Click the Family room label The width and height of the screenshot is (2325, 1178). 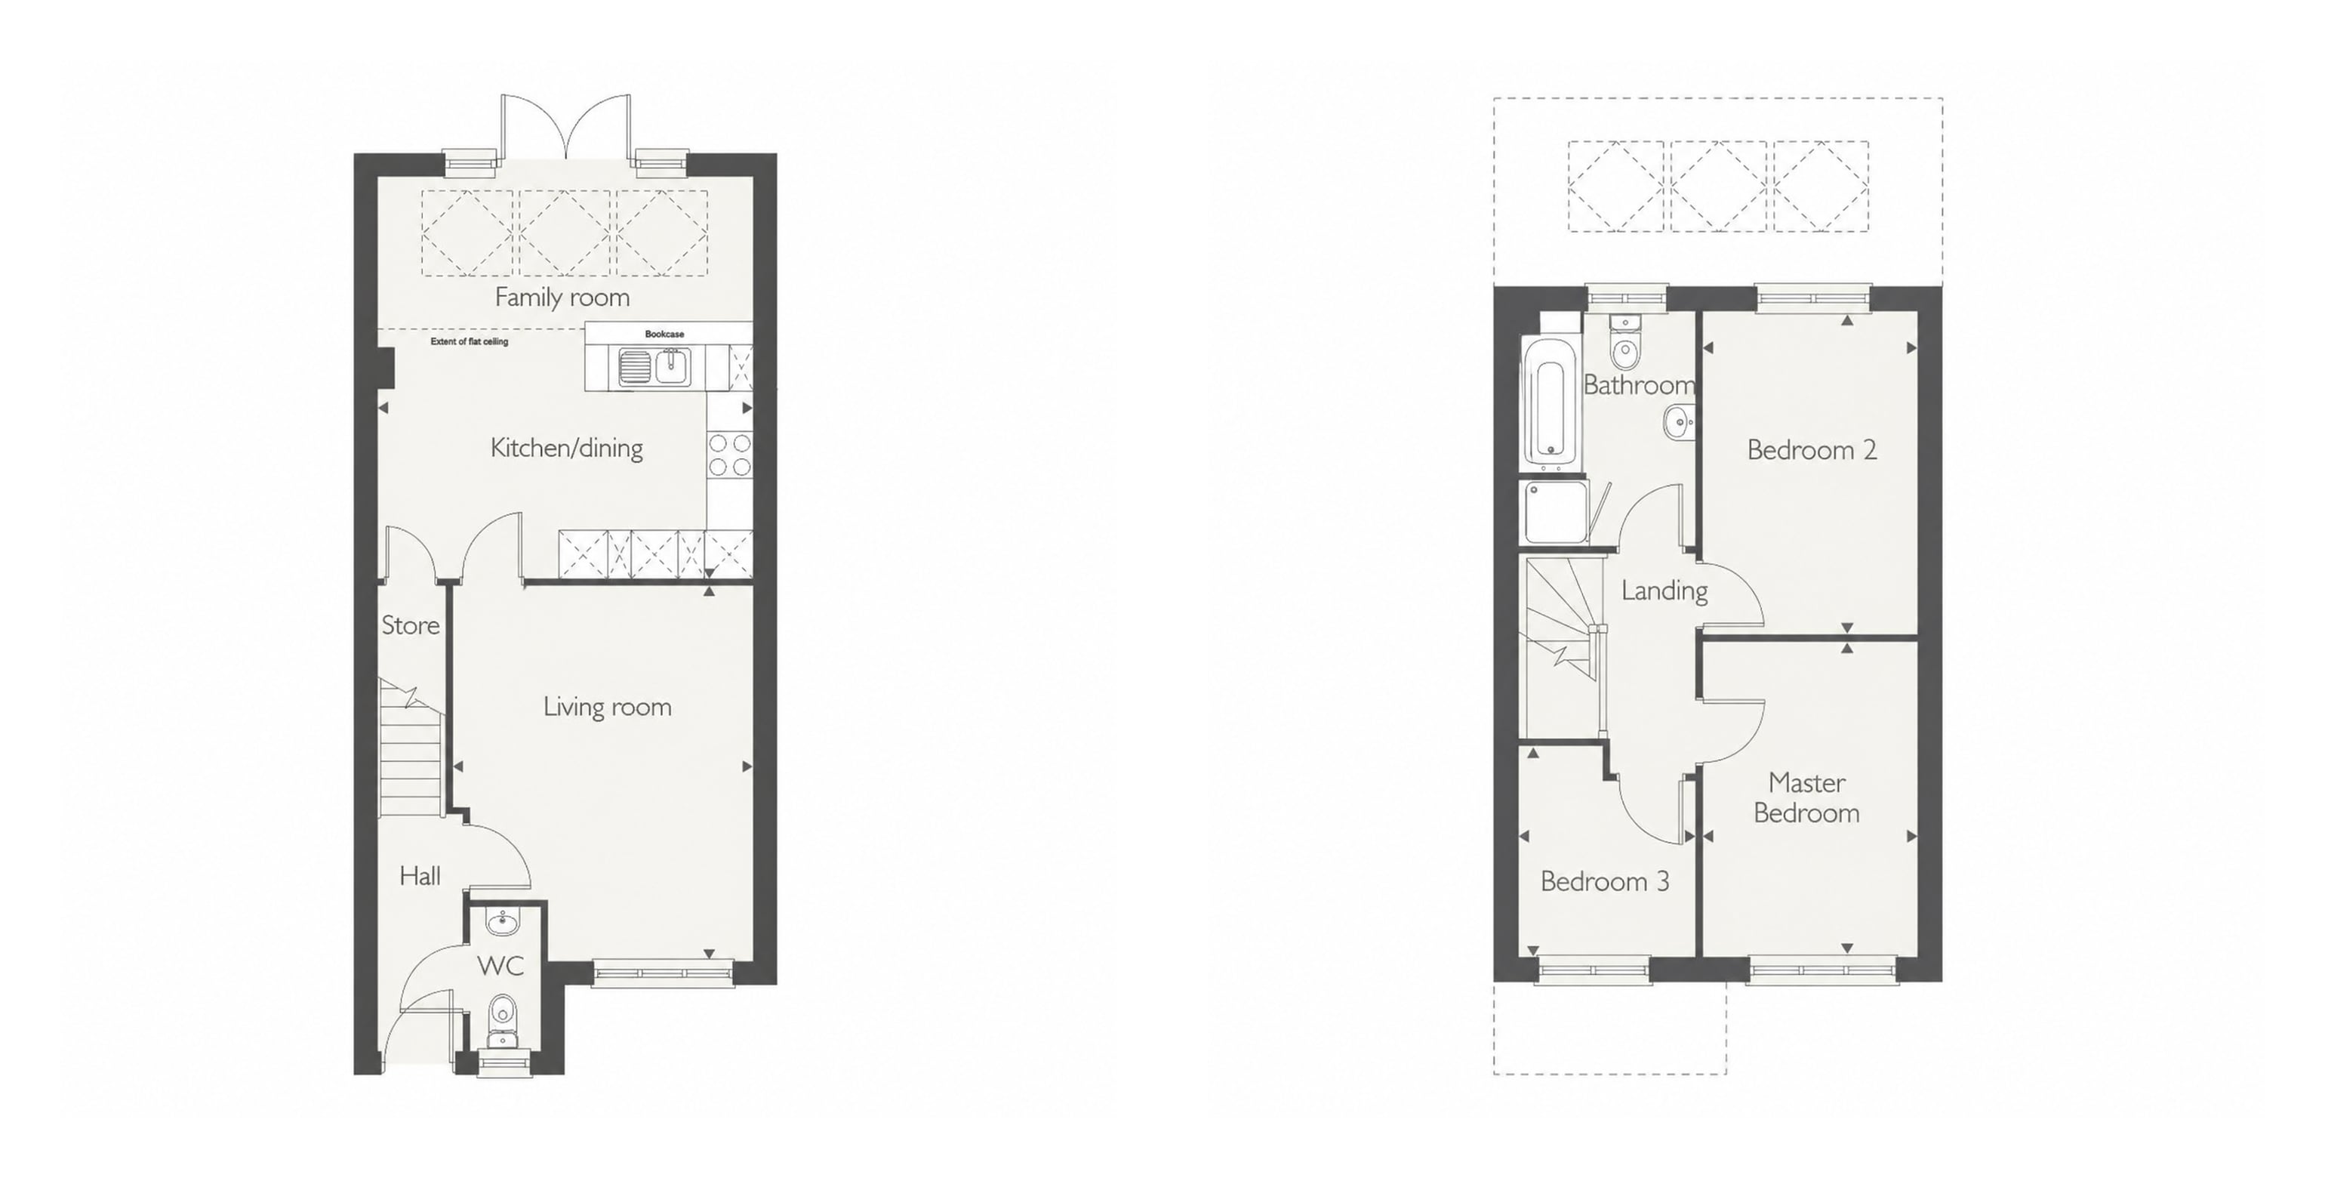pos(562,297)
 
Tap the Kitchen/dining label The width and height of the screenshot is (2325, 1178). pos(567,448)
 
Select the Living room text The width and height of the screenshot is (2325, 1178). pos(608,707)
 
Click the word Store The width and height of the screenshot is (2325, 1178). pos(411,625)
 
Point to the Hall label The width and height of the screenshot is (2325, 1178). pos(420,876)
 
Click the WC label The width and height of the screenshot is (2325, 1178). pos(500,966)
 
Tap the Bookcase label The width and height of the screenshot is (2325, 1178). pos(664,334)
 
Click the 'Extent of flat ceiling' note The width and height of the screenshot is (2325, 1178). pos(470,342)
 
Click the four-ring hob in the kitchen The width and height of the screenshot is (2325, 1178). pos(729,455)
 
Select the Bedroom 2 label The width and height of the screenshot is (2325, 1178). pos(1812,449)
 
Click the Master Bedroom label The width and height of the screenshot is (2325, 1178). pos(1807,798)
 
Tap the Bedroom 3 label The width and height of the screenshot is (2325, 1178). pos(1605,881)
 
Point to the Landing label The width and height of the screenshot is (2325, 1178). pos(1664,591)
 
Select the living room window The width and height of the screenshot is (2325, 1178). pos(664,972)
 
